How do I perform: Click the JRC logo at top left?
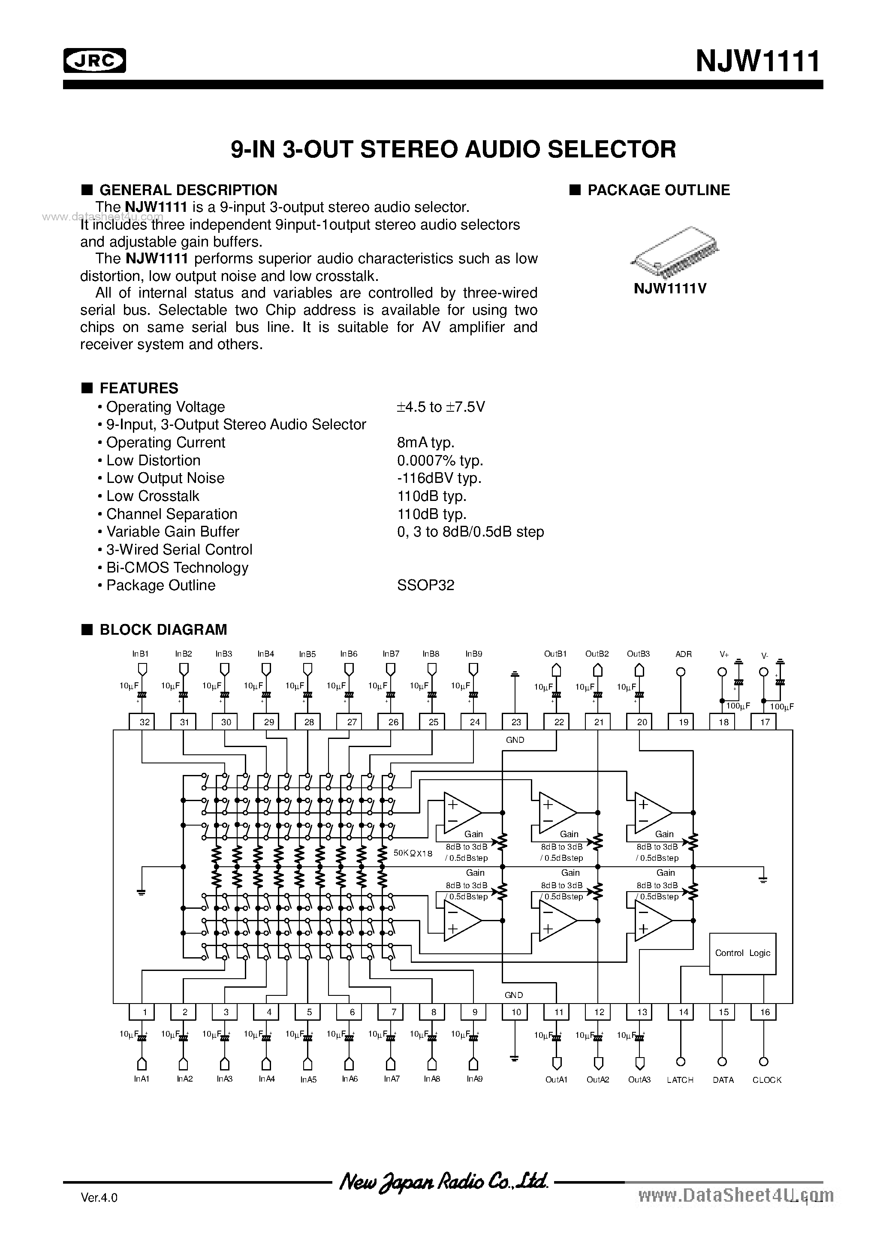tap(94, 60)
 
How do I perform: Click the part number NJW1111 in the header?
tap(758, 60)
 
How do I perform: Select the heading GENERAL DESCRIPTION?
tap(187, 190)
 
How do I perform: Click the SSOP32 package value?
tap(425, 585)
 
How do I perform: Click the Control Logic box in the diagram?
tap(742, 953)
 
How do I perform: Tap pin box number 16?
tap(764, 1012)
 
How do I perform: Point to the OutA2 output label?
tap(597, 1080)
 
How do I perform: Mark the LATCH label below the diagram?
tap(680, 1080)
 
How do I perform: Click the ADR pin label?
tap(683, 654)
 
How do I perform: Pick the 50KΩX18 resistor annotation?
tap(413, 853)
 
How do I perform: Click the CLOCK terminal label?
tap(766, 1080)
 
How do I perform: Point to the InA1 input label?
tap(141, 1079)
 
